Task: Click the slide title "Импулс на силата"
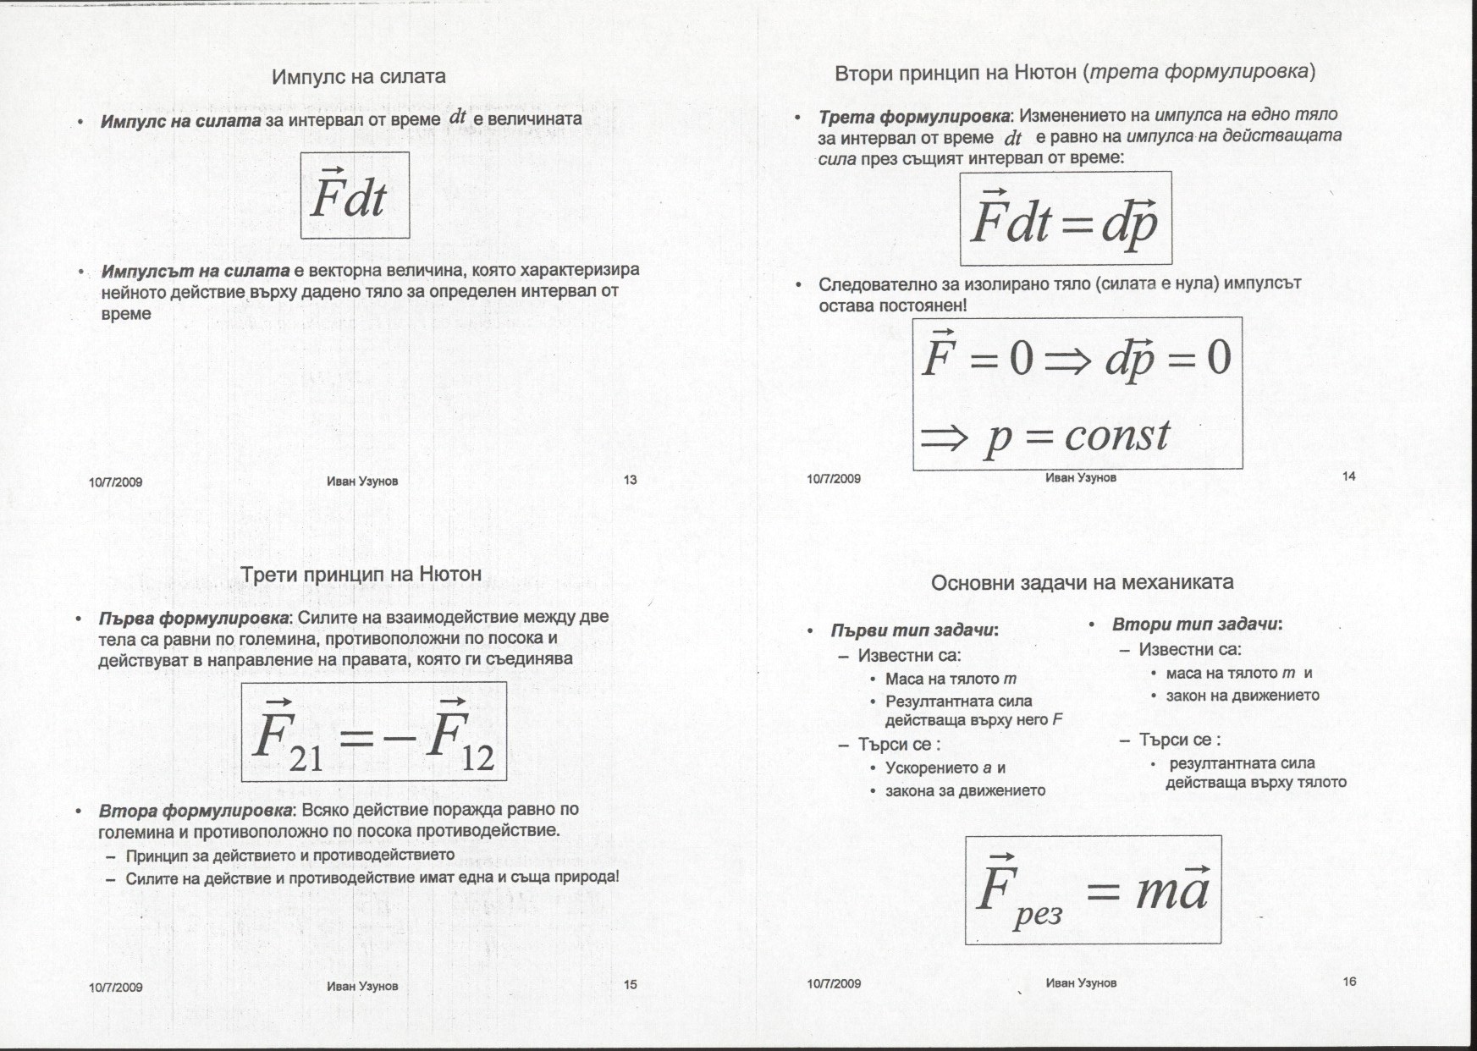pos(358,77)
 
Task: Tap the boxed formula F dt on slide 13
pos(355,195)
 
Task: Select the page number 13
pos(630,481)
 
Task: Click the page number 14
pos(1348,476)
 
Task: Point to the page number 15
pos(630,984)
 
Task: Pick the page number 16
pos(1349,982)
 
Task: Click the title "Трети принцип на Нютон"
pos(361,575)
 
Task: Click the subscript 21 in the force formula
pos(306,758)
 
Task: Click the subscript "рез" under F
pos(1038,915)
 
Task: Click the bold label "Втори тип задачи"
pos(1196,625)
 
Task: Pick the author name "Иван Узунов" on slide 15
pos(362,986)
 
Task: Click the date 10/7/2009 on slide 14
pos(834,479)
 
